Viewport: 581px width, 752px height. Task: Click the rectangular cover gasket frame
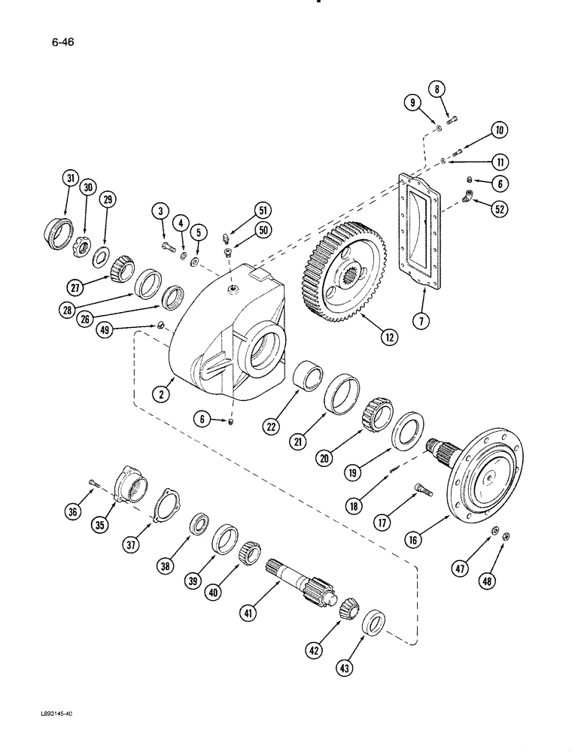pos(418,233)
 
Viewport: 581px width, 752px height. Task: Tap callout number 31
pos(70,179)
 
